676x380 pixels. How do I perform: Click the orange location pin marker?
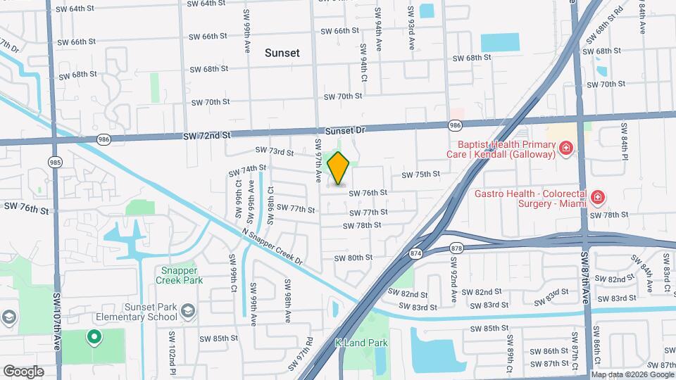click(339, 168)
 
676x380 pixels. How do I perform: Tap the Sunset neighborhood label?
click(282, 53)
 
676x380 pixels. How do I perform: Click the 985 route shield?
click(55, 162)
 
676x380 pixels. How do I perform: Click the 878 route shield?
click(457, 248)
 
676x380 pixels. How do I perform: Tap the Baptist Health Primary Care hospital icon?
click(565, 148)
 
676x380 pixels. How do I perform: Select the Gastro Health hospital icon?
click(598, 197)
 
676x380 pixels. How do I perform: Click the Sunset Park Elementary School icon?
click(188, 310)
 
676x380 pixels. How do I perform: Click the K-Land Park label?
click(361, 343)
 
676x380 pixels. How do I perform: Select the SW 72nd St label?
click(207, 134)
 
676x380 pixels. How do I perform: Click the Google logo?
click(23, 372)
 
